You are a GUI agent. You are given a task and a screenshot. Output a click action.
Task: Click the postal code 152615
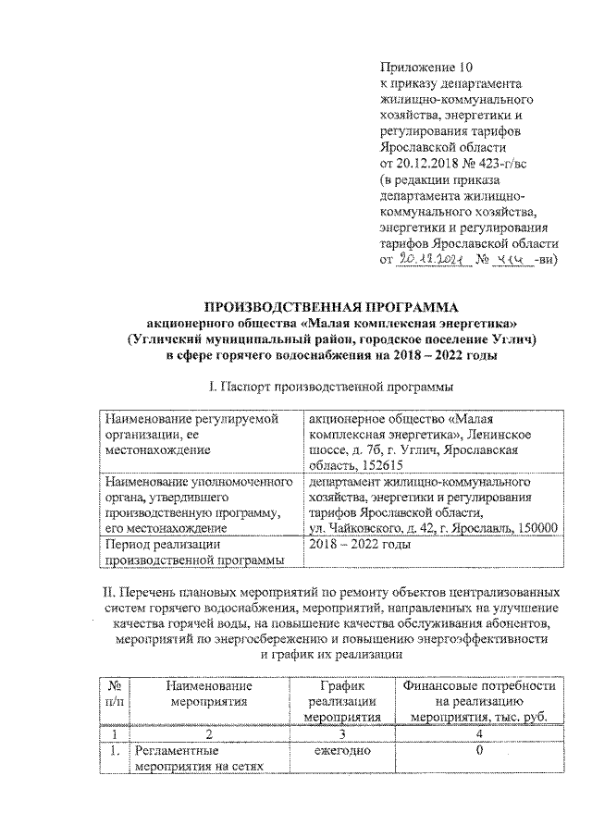click(382, 466)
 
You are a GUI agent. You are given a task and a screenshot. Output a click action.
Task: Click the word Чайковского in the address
click(364, 527)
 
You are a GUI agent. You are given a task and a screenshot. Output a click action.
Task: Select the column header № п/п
click(115, 701)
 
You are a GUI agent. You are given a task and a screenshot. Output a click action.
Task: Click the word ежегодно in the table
click(342, 750)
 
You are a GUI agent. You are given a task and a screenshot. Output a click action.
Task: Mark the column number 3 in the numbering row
click(342, 732)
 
